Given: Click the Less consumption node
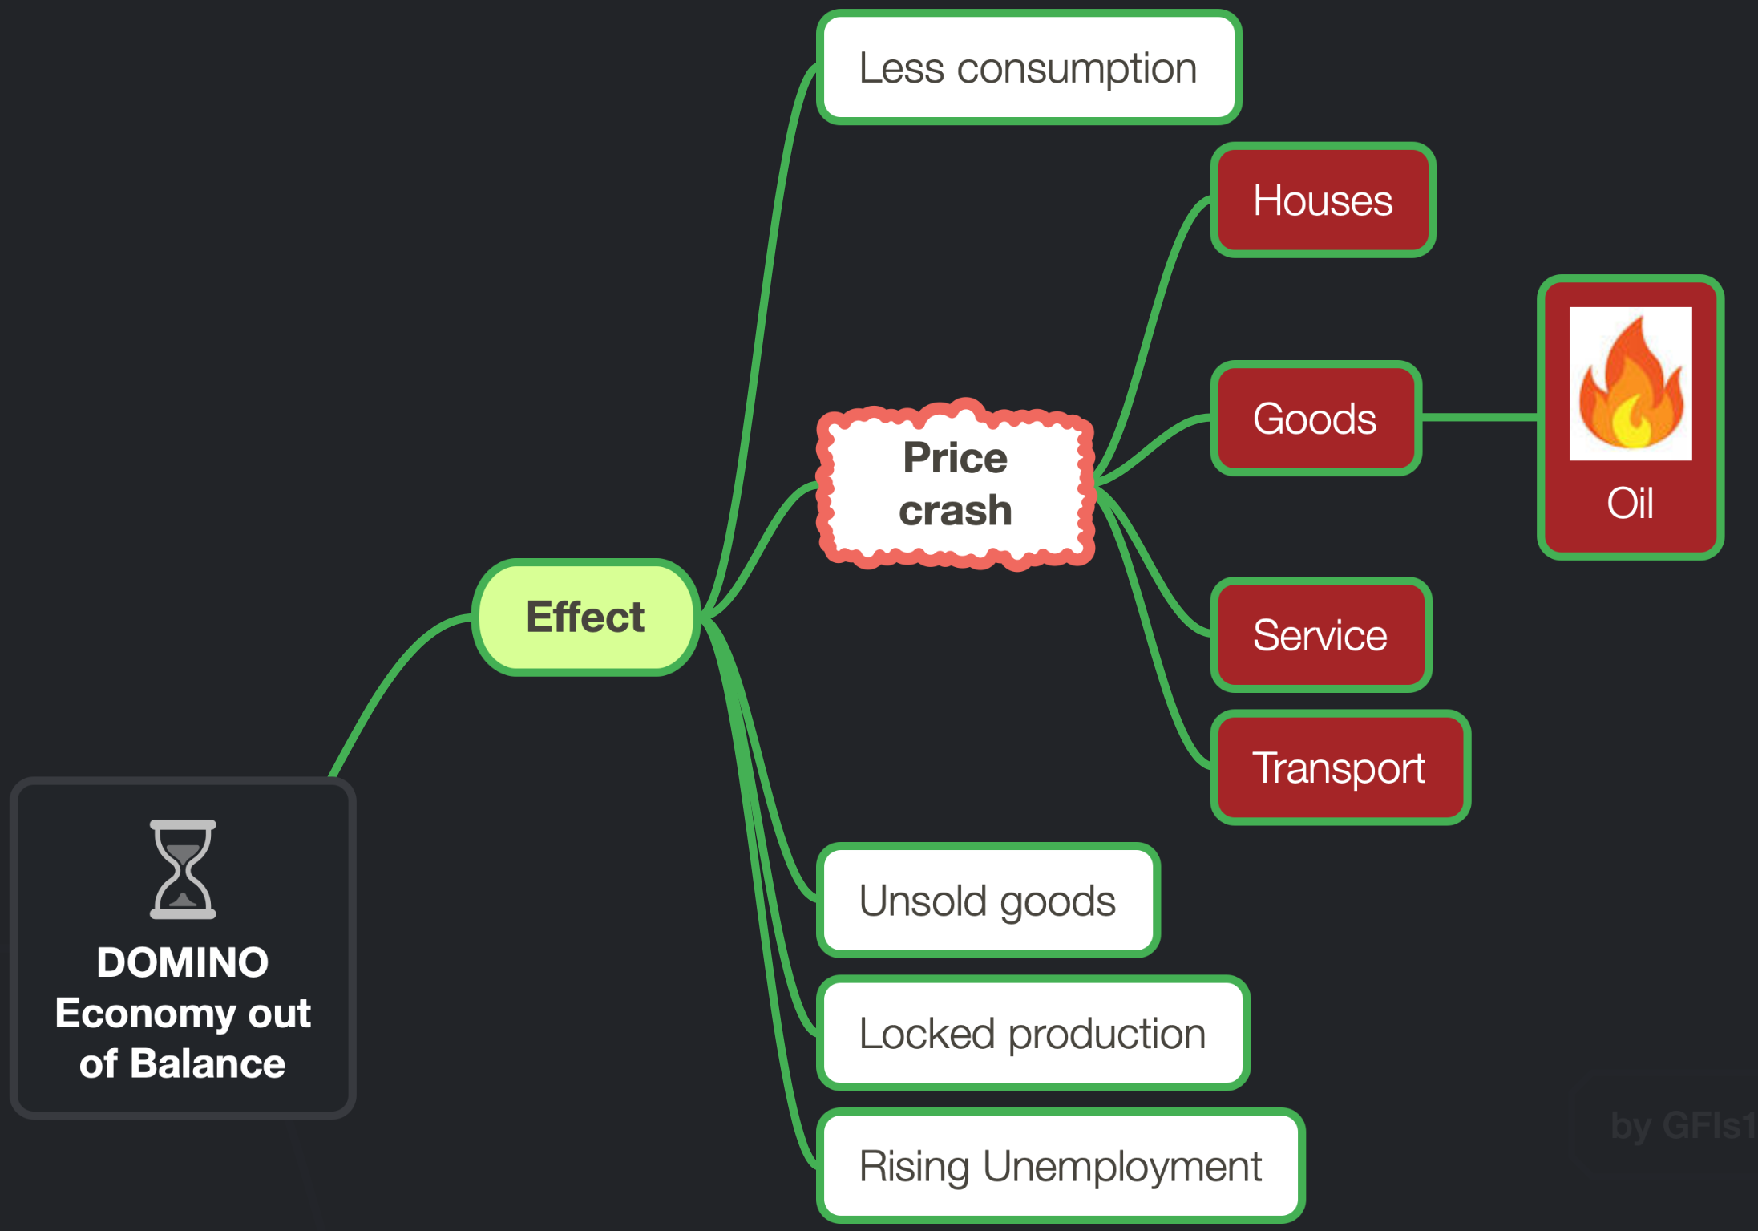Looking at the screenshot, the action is (1029, 67).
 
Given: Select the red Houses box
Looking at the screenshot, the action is (1323, 200).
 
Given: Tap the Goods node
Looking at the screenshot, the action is (1315, 418).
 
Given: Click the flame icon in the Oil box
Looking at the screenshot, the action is (1631, 383).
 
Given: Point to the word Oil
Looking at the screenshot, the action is (1630, 503).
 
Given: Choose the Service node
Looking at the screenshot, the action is (1320, 634).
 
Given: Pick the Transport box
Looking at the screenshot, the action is (1340, 767).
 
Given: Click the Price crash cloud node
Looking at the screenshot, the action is (956, 484).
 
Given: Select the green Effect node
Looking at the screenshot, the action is (586, 617).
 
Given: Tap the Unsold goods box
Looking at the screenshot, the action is (988, 900).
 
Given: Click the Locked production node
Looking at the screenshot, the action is (1033, 1033).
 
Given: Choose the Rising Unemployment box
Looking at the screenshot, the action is (1061, 1165).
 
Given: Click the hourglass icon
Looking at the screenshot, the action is (183, 869).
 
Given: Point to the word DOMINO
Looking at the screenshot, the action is (183, 962).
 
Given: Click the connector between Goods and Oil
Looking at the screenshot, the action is (1480, 417).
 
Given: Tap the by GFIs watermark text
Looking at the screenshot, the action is (1683, 1125).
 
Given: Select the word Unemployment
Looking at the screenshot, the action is (1122, 1166).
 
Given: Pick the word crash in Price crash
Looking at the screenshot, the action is (956, 510).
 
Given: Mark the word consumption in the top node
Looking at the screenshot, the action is (1077, 69).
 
